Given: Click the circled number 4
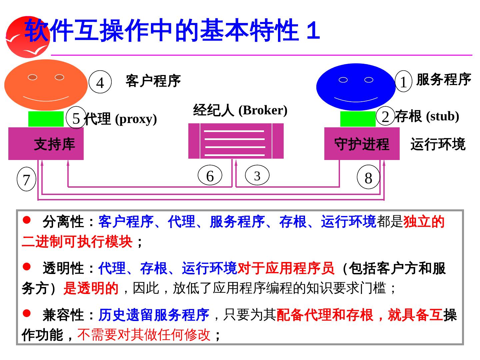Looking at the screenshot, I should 100,82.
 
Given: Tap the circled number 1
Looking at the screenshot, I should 404,81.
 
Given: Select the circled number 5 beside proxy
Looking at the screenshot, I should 76,118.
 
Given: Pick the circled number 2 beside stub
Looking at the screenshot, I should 385,116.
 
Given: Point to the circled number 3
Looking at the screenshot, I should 257,175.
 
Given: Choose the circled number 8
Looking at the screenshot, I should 368,177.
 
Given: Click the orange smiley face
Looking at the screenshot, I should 46,85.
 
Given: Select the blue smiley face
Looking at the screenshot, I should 356,87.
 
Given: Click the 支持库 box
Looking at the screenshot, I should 46,144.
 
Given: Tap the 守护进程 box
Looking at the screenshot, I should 362,144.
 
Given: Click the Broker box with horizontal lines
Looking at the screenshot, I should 236,141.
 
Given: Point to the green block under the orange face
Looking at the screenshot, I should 46,119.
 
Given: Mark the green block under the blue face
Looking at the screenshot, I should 358,119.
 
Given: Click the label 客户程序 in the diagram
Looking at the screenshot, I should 153,81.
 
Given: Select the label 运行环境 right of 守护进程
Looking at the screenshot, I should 438,144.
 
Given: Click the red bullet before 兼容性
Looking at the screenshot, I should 27,313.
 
